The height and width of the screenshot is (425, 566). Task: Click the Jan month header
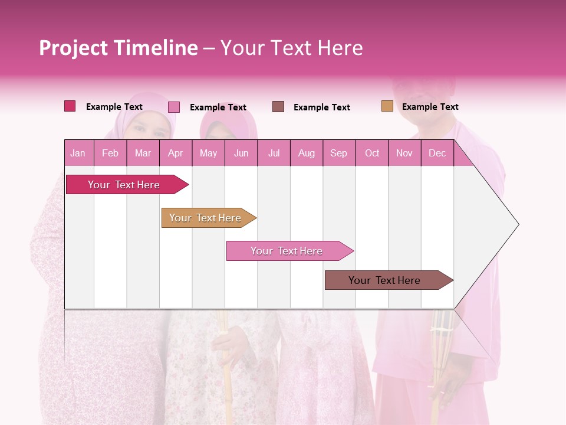pyautogui.click(x=78, y=153)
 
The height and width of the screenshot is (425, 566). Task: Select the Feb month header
pyautogui.click(x=110, y=153)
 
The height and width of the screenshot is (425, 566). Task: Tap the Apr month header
pyautogui.click(x=176, y=153)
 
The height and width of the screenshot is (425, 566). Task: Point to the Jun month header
pyautogui.click(x=241, y=153)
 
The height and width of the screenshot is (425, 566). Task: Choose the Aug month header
pyautogui.click(x=307, y=153)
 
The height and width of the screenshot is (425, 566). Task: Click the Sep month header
pyautogui.click(x=339, y=153)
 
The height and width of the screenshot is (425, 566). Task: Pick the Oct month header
pyautogui.click(x=372, y=153)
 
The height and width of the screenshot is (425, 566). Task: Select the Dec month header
pyautogui.click(x=437, y=153)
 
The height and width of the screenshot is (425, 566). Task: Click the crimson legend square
pyautogui.click(x=70, y=106)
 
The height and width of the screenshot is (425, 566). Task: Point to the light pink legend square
pyautogui.click(x=174, y=107)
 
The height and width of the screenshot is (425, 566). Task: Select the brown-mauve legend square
pyautogui.click(x=278, y=106)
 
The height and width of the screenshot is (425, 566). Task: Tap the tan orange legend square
pyautogui.click(x=387, y=106)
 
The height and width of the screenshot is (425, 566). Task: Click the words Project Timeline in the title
pyautogui.click(x=119, y=48)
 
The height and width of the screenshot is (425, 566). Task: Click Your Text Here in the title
pyautogui.click(x=292, y=48)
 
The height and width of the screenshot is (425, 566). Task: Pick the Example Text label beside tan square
pyautogui.click(x=430, y=107)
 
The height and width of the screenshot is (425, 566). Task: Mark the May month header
pyautogui.click(x=208, y=153)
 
